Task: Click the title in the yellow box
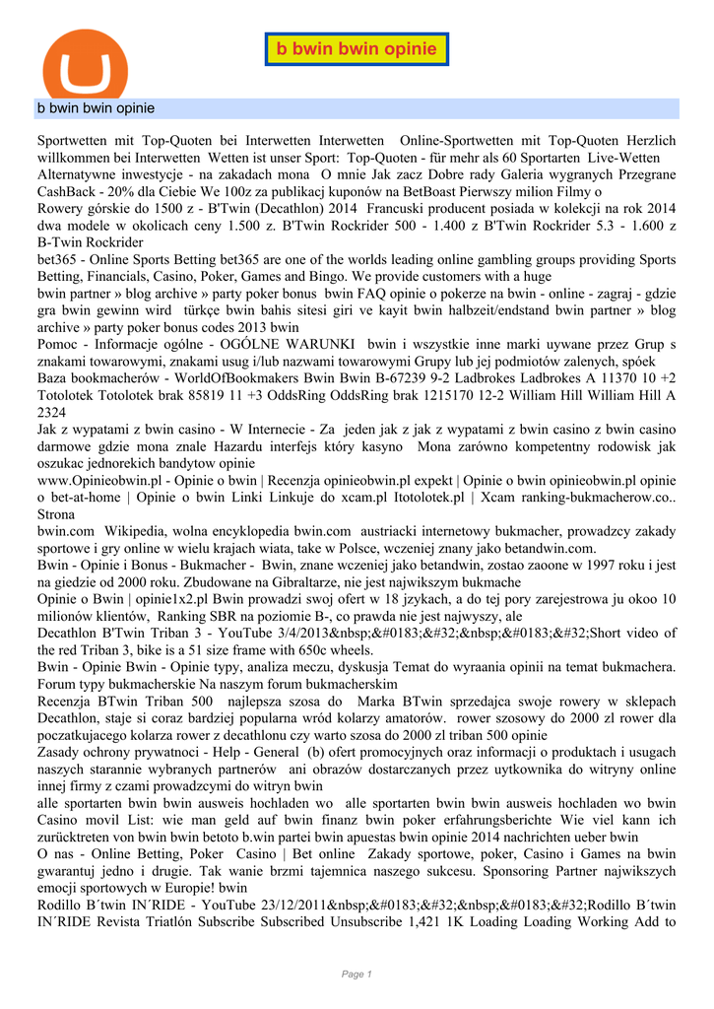pos(357,49)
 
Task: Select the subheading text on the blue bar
pos(97,107)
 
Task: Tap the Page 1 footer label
pos(357,974)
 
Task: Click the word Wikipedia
pos(141,530)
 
